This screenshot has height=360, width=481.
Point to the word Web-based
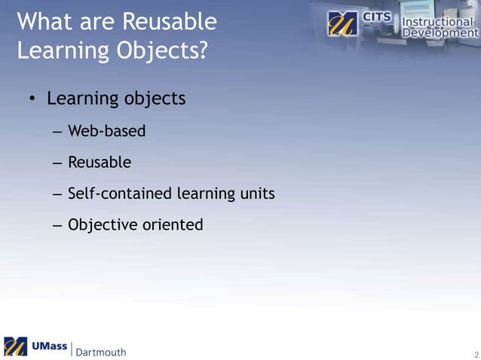(x=106, y=132)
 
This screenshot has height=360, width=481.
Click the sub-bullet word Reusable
(x=100, y=163)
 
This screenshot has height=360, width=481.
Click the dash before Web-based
(x=57, y=133)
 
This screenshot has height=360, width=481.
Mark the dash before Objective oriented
(x=57, y=225)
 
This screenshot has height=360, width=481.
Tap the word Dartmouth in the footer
(x=100, y=351)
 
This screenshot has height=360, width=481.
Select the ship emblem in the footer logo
(x=15, y=346)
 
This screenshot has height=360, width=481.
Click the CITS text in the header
(x=377, y=16)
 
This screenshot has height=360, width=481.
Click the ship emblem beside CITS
(x=343, y=24)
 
